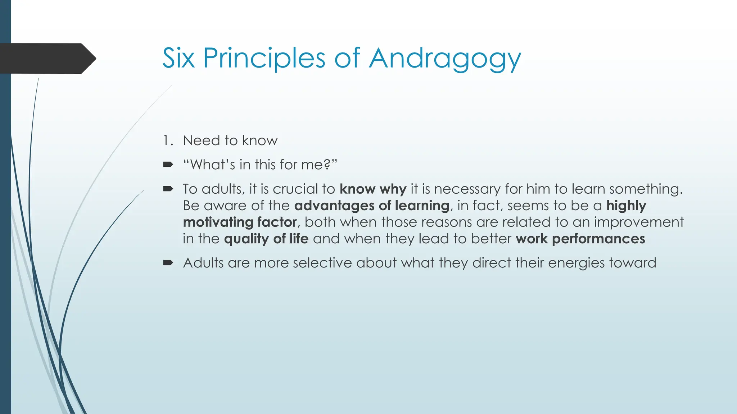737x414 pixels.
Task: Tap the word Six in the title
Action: click(x=178, y=58)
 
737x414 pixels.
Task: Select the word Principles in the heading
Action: click(x=264, y=59)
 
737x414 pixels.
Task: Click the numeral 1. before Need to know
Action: click(x=168, y=141)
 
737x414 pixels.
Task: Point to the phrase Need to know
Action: click(x=230, y=141)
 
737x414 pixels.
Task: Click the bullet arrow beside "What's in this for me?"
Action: click(x=168, y=165)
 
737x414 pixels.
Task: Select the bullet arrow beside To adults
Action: click(x=168, y=189)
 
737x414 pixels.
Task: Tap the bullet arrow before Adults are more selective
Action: click(x=168, y=263)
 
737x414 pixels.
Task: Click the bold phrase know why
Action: click(x=373, y=189)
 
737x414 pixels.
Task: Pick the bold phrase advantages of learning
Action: click(x=372, y=206)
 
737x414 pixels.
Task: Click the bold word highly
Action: click(x=626, y=206)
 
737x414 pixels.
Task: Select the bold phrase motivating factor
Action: click(x=240, y=222)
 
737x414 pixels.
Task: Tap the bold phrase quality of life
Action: click(x=266, y=239)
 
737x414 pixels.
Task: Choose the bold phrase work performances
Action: click(x=580, y=239)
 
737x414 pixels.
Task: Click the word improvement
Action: click(x=638, y=222)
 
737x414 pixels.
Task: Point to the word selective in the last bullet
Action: click(x=322, y=263)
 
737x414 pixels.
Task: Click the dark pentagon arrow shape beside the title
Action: click(x=47, y=58)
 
